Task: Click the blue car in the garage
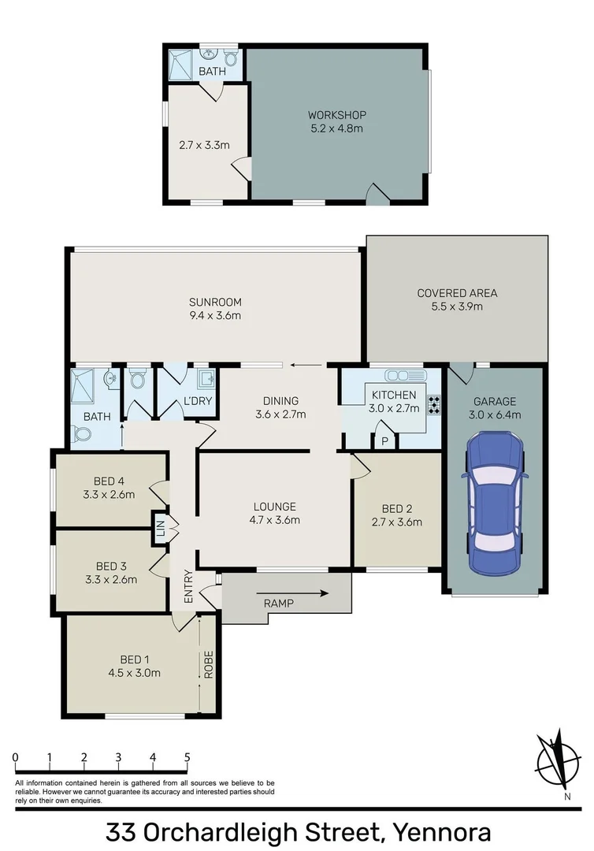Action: point(494,505)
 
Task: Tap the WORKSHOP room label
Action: point(336,115)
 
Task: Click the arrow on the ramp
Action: point(312,593)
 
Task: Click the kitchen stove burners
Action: point(433,404)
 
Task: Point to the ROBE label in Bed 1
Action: point(209,664)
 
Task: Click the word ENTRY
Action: point(188,587)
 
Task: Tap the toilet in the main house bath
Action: point(81,433)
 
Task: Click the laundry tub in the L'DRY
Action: point(206,380)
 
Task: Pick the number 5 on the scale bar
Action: point(187,757)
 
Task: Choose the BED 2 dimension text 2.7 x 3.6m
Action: point(396,522)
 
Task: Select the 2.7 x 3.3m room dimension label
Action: point(204,145)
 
